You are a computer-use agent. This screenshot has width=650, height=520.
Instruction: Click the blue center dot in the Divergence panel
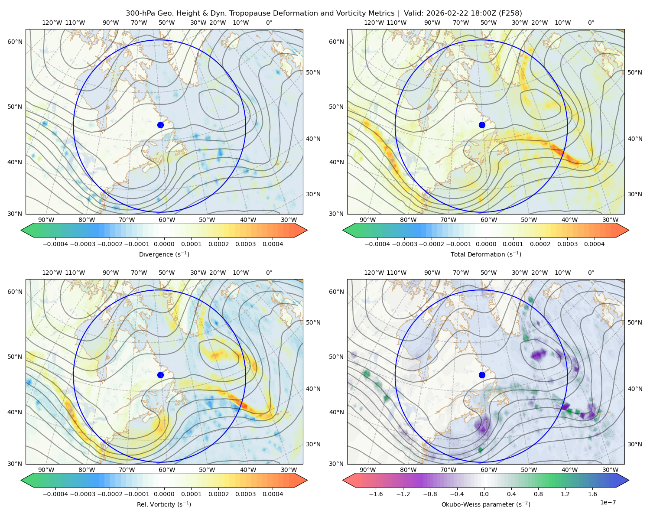(160, 125)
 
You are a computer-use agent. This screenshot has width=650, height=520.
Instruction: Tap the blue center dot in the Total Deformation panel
(482, 125)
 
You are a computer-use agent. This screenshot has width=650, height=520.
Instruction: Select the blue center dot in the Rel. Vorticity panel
(160, 375)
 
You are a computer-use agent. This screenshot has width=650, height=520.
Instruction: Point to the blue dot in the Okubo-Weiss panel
(482, 375)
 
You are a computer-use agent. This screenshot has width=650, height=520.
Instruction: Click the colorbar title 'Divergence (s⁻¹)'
(164, 254)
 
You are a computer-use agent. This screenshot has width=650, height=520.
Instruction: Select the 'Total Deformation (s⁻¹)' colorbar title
(486, 254)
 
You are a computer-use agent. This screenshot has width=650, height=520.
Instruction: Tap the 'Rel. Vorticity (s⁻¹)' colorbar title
(164, 504)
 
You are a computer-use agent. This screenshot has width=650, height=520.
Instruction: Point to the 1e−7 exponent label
(608, 502)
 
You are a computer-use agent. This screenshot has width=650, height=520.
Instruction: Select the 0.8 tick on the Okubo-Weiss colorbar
(538, 494)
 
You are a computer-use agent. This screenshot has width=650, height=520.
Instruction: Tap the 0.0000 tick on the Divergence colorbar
(164, 244)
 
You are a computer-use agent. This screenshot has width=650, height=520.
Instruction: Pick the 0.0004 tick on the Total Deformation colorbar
(594, 244)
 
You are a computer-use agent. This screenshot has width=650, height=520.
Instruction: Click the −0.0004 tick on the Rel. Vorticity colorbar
(55, 494)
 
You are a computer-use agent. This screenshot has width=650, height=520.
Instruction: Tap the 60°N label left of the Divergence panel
(15, 42)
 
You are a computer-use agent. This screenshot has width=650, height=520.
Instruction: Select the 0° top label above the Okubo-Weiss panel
(591, 273)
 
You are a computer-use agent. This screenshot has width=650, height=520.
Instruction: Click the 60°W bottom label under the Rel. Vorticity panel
(167, 470)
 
